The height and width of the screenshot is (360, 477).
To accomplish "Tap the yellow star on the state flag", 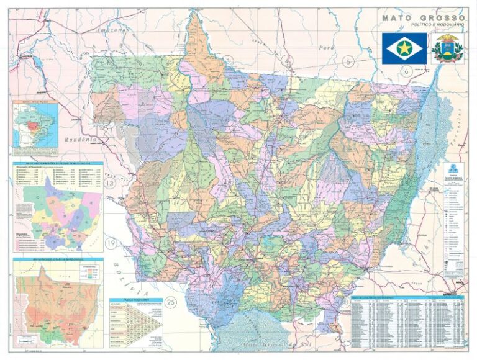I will (x=404, y=48).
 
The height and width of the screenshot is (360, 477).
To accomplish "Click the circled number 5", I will (x=348, y=61).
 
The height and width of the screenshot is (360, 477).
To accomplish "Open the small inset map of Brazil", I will (x=35, y=124).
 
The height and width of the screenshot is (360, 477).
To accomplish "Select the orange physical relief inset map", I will (x=57, y=300).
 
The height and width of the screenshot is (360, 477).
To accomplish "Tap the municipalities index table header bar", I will (x=407, y=297).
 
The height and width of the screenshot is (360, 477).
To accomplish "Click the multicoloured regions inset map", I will (x=59, y=211).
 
